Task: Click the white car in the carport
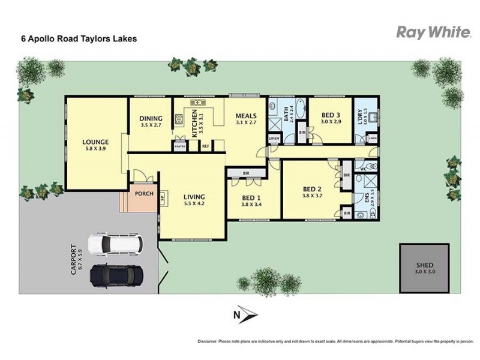coord(116,244)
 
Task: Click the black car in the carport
coord(116,275)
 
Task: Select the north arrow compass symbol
coord(244,314)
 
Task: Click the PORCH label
coord(143,194)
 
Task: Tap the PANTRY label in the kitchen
coord(179,146)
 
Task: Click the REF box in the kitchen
coord(205,146)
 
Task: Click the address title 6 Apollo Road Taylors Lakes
coord(79,38)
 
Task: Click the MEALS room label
coord(245,116)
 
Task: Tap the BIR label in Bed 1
coord(246,173)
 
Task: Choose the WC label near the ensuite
coord(363,169)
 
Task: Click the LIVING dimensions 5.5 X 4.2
coord(194,204)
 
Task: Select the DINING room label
coord(151,119)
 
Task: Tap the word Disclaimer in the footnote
coord(207,341)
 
